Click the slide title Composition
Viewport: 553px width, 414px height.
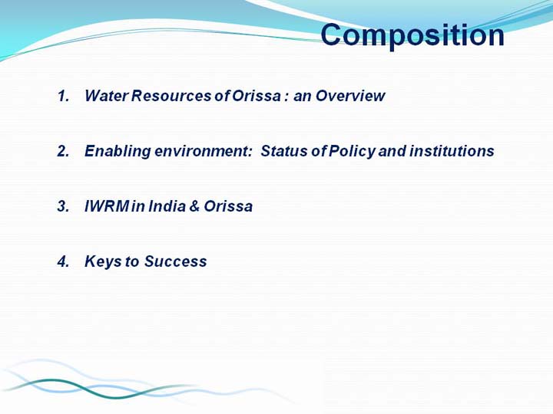point(412,36)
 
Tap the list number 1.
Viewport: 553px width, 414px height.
point(63,96)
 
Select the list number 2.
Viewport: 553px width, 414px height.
point(63,151)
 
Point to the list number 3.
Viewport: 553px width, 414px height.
point(63,206)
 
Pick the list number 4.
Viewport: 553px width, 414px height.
point(63,261)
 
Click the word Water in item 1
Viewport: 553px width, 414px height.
point(106,96)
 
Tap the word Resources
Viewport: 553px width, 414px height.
point(171,96)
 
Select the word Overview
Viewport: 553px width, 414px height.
point(350,96)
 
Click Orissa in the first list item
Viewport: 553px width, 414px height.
point(257,96)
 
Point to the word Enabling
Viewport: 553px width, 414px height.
point(118,151)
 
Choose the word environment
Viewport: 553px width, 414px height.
point(204,151)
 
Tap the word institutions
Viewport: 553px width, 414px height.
point(452,151)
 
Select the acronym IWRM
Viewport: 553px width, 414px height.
point(107,206)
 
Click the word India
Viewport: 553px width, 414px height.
point(167,206)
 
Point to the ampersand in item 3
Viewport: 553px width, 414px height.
point(194,206)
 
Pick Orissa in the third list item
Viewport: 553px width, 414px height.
point(228,206)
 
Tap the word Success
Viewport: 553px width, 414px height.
point(175,261)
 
